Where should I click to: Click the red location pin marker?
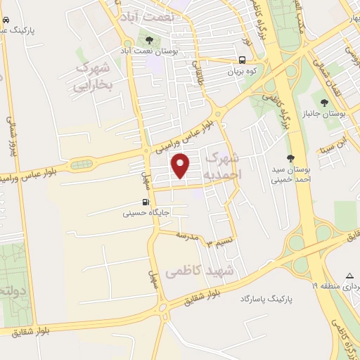pyautogui.click(x=181, y=167)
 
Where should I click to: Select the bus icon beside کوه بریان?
pyautogui.click(x=242, y=60)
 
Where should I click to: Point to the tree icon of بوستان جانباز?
pyautogui.click(x=324, y=104)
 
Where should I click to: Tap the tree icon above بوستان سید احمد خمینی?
pyautogui.click(x=290, y=159)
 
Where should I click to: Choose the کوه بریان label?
pyautogui.click(x=242, y=71)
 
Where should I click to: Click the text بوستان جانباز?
pyautogui.click(x=334, y=115)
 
